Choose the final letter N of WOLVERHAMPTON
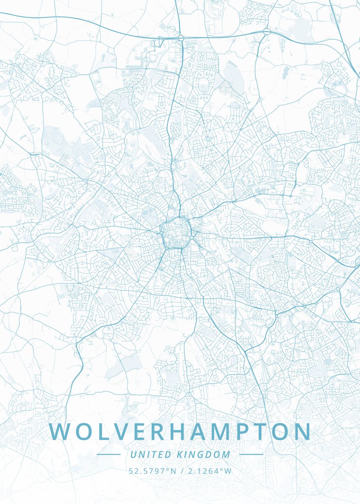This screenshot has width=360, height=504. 301,432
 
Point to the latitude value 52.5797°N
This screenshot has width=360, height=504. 152,471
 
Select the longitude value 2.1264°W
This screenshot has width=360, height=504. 210,471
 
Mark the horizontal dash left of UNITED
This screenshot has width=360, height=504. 108,454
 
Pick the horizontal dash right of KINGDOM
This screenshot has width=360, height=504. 251,454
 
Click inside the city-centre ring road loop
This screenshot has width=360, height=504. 176,231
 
